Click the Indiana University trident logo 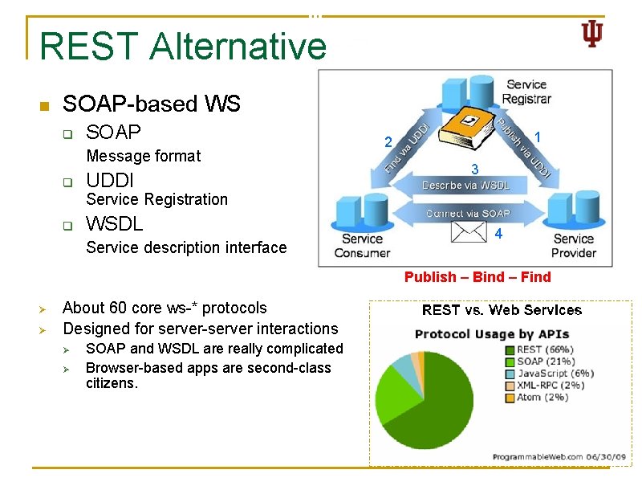(591, 34)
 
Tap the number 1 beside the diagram (538, 138)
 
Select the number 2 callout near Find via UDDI (388, 143)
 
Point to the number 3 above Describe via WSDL (475, 170)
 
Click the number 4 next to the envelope (498, 235)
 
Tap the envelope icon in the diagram (469, 231)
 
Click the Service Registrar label (526, 92)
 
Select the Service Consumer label (362, 245)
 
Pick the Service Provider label (574, 245)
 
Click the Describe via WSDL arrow (465, 186)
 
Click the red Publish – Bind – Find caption (477, 277)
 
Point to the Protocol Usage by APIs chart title (491, 333)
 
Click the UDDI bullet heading (110, 180)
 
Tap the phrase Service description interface (186, 247)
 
